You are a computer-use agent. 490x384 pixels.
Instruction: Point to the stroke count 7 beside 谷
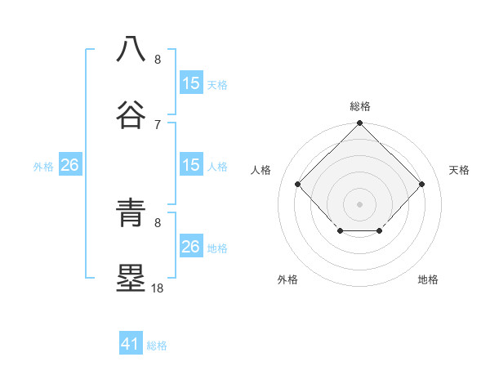pyautogui.click(x=158, y=124)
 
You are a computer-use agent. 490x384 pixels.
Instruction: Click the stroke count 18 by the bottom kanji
pyautogui.click(x=158, y=288)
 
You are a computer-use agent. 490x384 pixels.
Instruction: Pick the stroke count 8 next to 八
pyautogui.click(x=158, y=60)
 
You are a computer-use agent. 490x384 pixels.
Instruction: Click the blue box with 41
pyautogui.click(x=131, y=344)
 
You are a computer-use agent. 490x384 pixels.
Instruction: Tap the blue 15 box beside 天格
pyautogui.click(x=191, y=83)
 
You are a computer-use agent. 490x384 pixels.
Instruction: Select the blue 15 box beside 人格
pyautogui.click(x=191, y=165)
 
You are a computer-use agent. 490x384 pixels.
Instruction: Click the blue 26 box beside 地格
pyautogui.click(x=191, y=247)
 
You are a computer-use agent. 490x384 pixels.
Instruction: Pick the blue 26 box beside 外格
pyautogui.click(x=69, y=165)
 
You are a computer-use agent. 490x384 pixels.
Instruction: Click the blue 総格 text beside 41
pyautogui.click(x=157, y=346)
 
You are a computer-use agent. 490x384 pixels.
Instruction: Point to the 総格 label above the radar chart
pyautogui.click(x=359, y=106)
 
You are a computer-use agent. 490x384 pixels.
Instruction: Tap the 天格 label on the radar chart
pyautogui.click(x=459, y=170)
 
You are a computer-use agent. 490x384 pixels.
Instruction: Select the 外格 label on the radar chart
pyautogui.click(x=287, y=280)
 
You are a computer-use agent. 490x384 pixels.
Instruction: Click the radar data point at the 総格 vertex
pyautogui.click(x=359, y=124)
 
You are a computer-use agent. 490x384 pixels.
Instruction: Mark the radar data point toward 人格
pyautogui.click(x=298, y=184)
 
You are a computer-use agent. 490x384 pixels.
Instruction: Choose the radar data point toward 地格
pyautogui.click(x=380, y=232)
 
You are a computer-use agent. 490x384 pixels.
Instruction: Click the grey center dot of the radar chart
pyautogui.click(x=359, y=203)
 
